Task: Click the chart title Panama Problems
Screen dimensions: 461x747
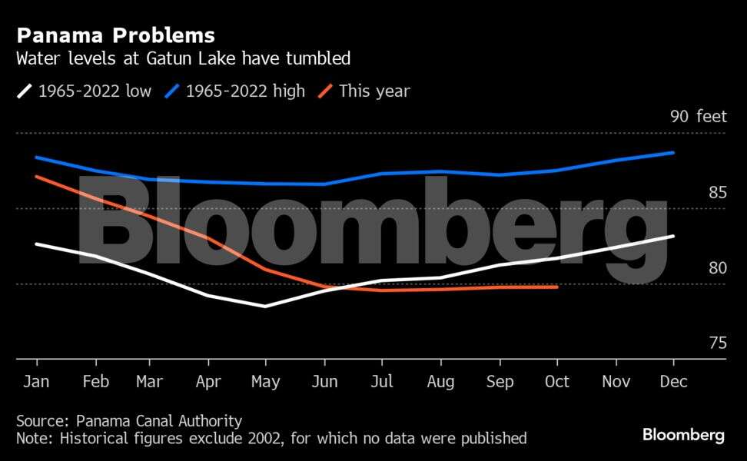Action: tap(115, 35)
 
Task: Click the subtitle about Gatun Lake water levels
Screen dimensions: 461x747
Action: tap(184, 58)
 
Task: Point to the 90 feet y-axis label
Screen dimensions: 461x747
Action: tap(698, 117)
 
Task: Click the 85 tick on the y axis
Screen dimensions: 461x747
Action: tap(717, 192)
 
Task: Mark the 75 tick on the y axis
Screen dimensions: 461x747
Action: tap(717, 343)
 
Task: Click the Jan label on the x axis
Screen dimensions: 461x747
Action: tap(37, 381)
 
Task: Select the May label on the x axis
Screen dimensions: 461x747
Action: tap(266, 381)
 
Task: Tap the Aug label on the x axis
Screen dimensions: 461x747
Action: tap(440, 381)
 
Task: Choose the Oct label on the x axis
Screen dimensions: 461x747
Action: tap(557, 381)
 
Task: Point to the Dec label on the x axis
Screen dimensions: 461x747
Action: tap(674, 381)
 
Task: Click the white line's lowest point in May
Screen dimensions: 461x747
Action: tap(266, 306)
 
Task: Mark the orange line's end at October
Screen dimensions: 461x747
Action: tap(557, 287)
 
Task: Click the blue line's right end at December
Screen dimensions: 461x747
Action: tap(674, 153)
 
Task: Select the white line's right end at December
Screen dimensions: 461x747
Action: tap(674, 236)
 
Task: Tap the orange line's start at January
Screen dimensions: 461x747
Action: tap(37, 177)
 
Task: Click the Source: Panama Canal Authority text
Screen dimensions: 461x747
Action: tap(129, 421)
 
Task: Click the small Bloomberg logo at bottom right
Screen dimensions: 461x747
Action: tap(683, 435)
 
